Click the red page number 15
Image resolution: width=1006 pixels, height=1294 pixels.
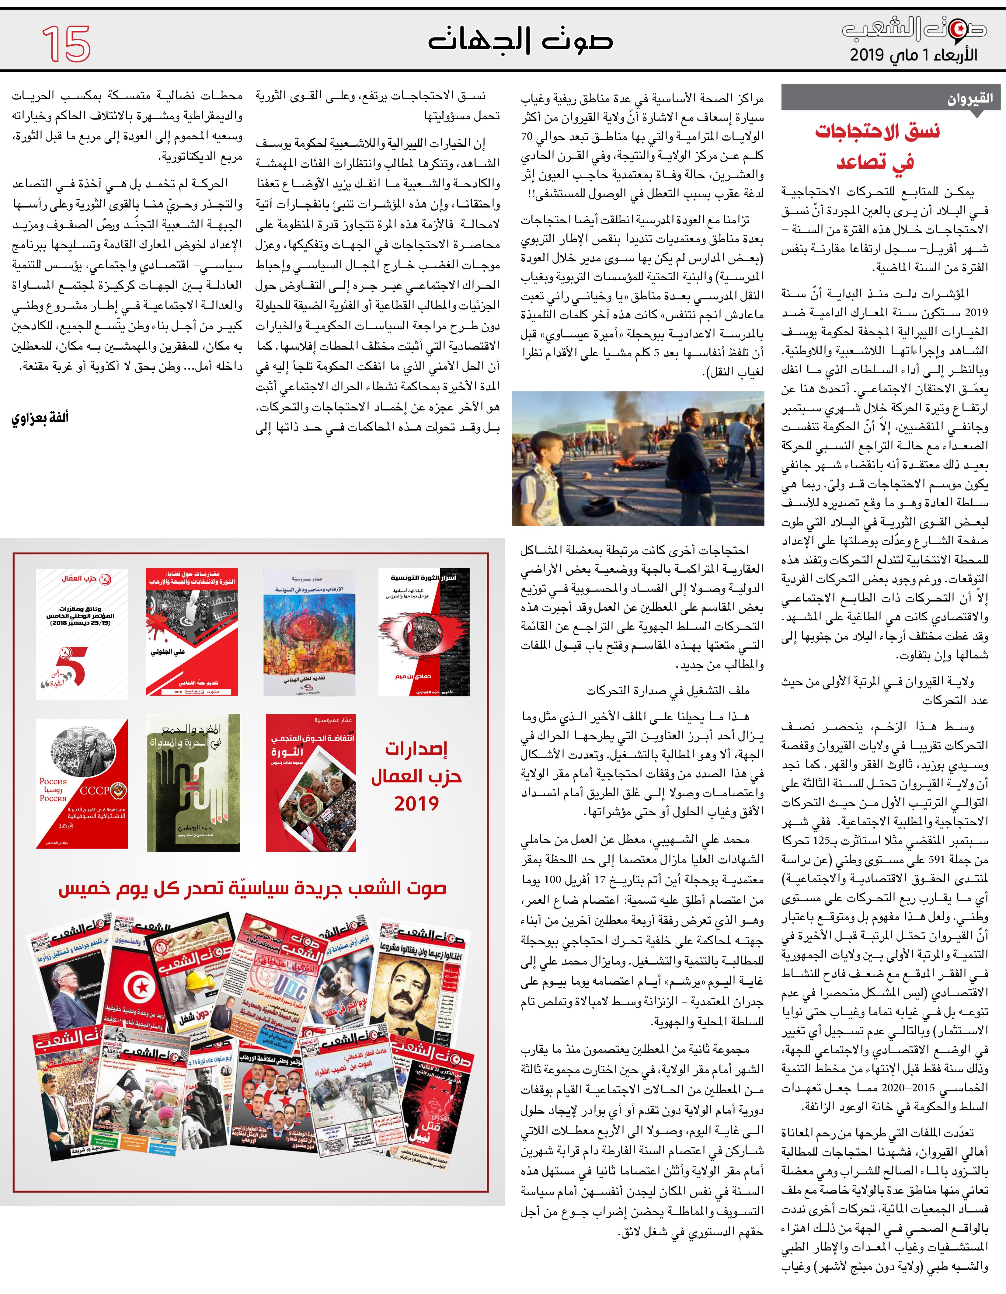[66, 43]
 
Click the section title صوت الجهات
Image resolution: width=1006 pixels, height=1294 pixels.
[520, 40]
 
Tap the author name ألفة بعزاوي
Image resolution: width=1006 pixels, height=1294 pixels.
[40, 418]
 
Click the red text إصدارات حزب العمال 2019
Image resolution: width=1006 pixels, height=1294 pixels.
[416, 776]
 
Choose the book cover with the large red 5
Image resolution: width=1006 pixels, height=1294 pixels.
[82, 634]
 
